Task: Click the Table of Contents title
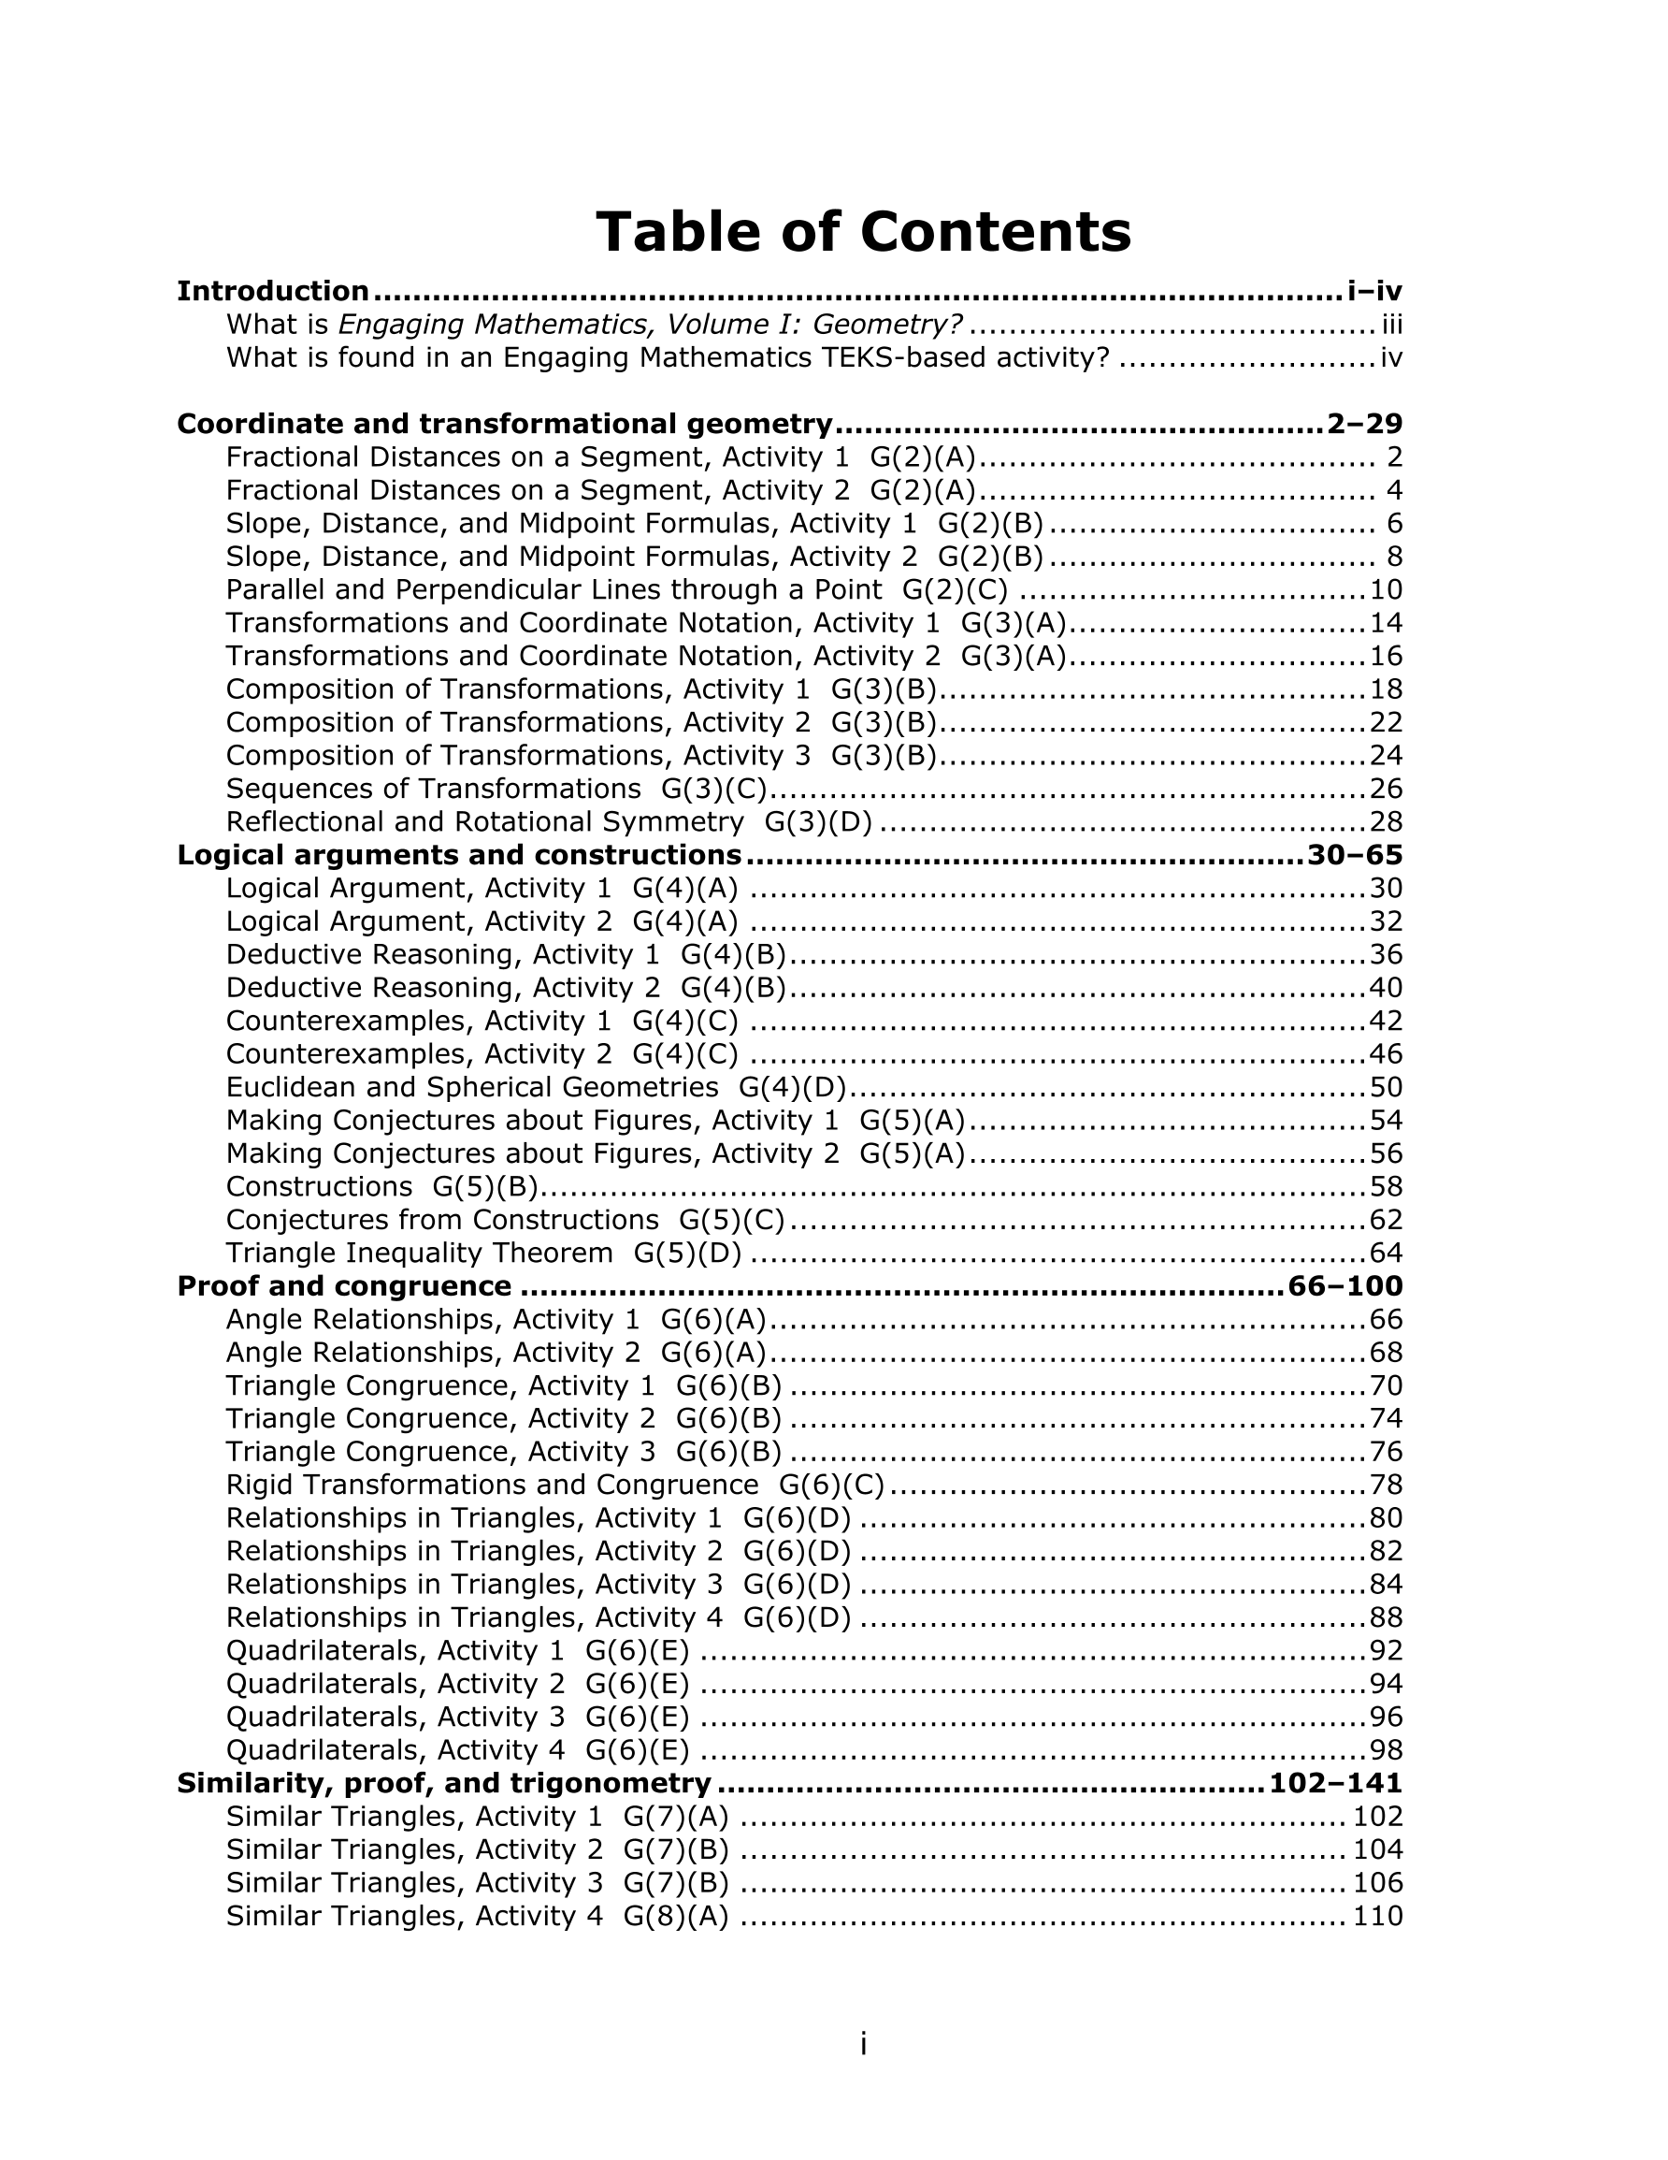coord(862,232)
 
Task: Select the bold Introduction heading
coord(273,292)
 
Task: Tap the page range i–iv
coord(1374,292)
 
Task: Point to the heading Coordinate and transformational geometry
coord(504,425)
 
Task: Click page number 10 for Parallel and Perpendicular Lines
coord(1387,590)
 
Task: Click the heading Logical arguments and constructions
coord(459,856)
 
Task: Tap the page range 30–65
coord(1355,856)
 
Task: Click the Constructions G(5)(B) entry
coord(381,1187)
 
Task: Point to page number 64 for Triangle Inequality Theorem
coord(1387,1254)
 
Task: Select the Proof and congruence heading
coord(344,1286)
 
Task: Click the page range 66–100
coord(1345,1286)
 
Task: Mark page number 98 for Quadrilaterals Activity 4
coord(1387,1750)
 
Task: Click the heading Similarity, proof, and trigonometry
coord(444,1784)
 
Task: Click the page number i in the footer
coord(863,2044)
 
